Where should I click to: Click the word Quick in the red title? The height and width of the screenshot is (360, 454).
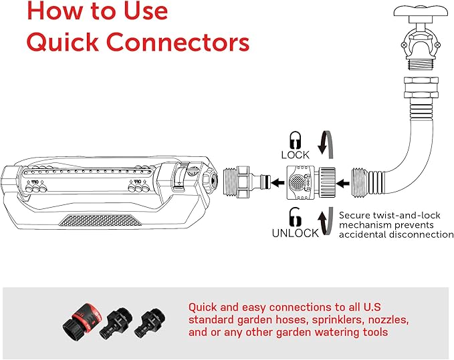click(63, 41)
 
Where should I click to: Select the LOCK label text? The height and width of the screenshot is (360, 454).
click(295, 155)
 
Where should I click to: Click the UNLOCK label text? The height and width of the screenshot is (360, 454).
click(295, 233)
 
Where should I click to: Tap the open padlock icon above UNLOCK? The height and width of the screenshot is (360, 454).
click(294, 217)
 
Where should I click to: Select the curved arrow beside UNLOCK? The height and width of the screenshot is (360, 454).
click(324, 221)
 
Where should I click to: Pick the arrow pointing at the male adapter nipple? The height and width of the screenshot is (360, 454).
click(276, 180)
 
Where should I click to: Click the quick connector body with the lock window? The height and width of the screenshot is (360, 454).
click(300, 180)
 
